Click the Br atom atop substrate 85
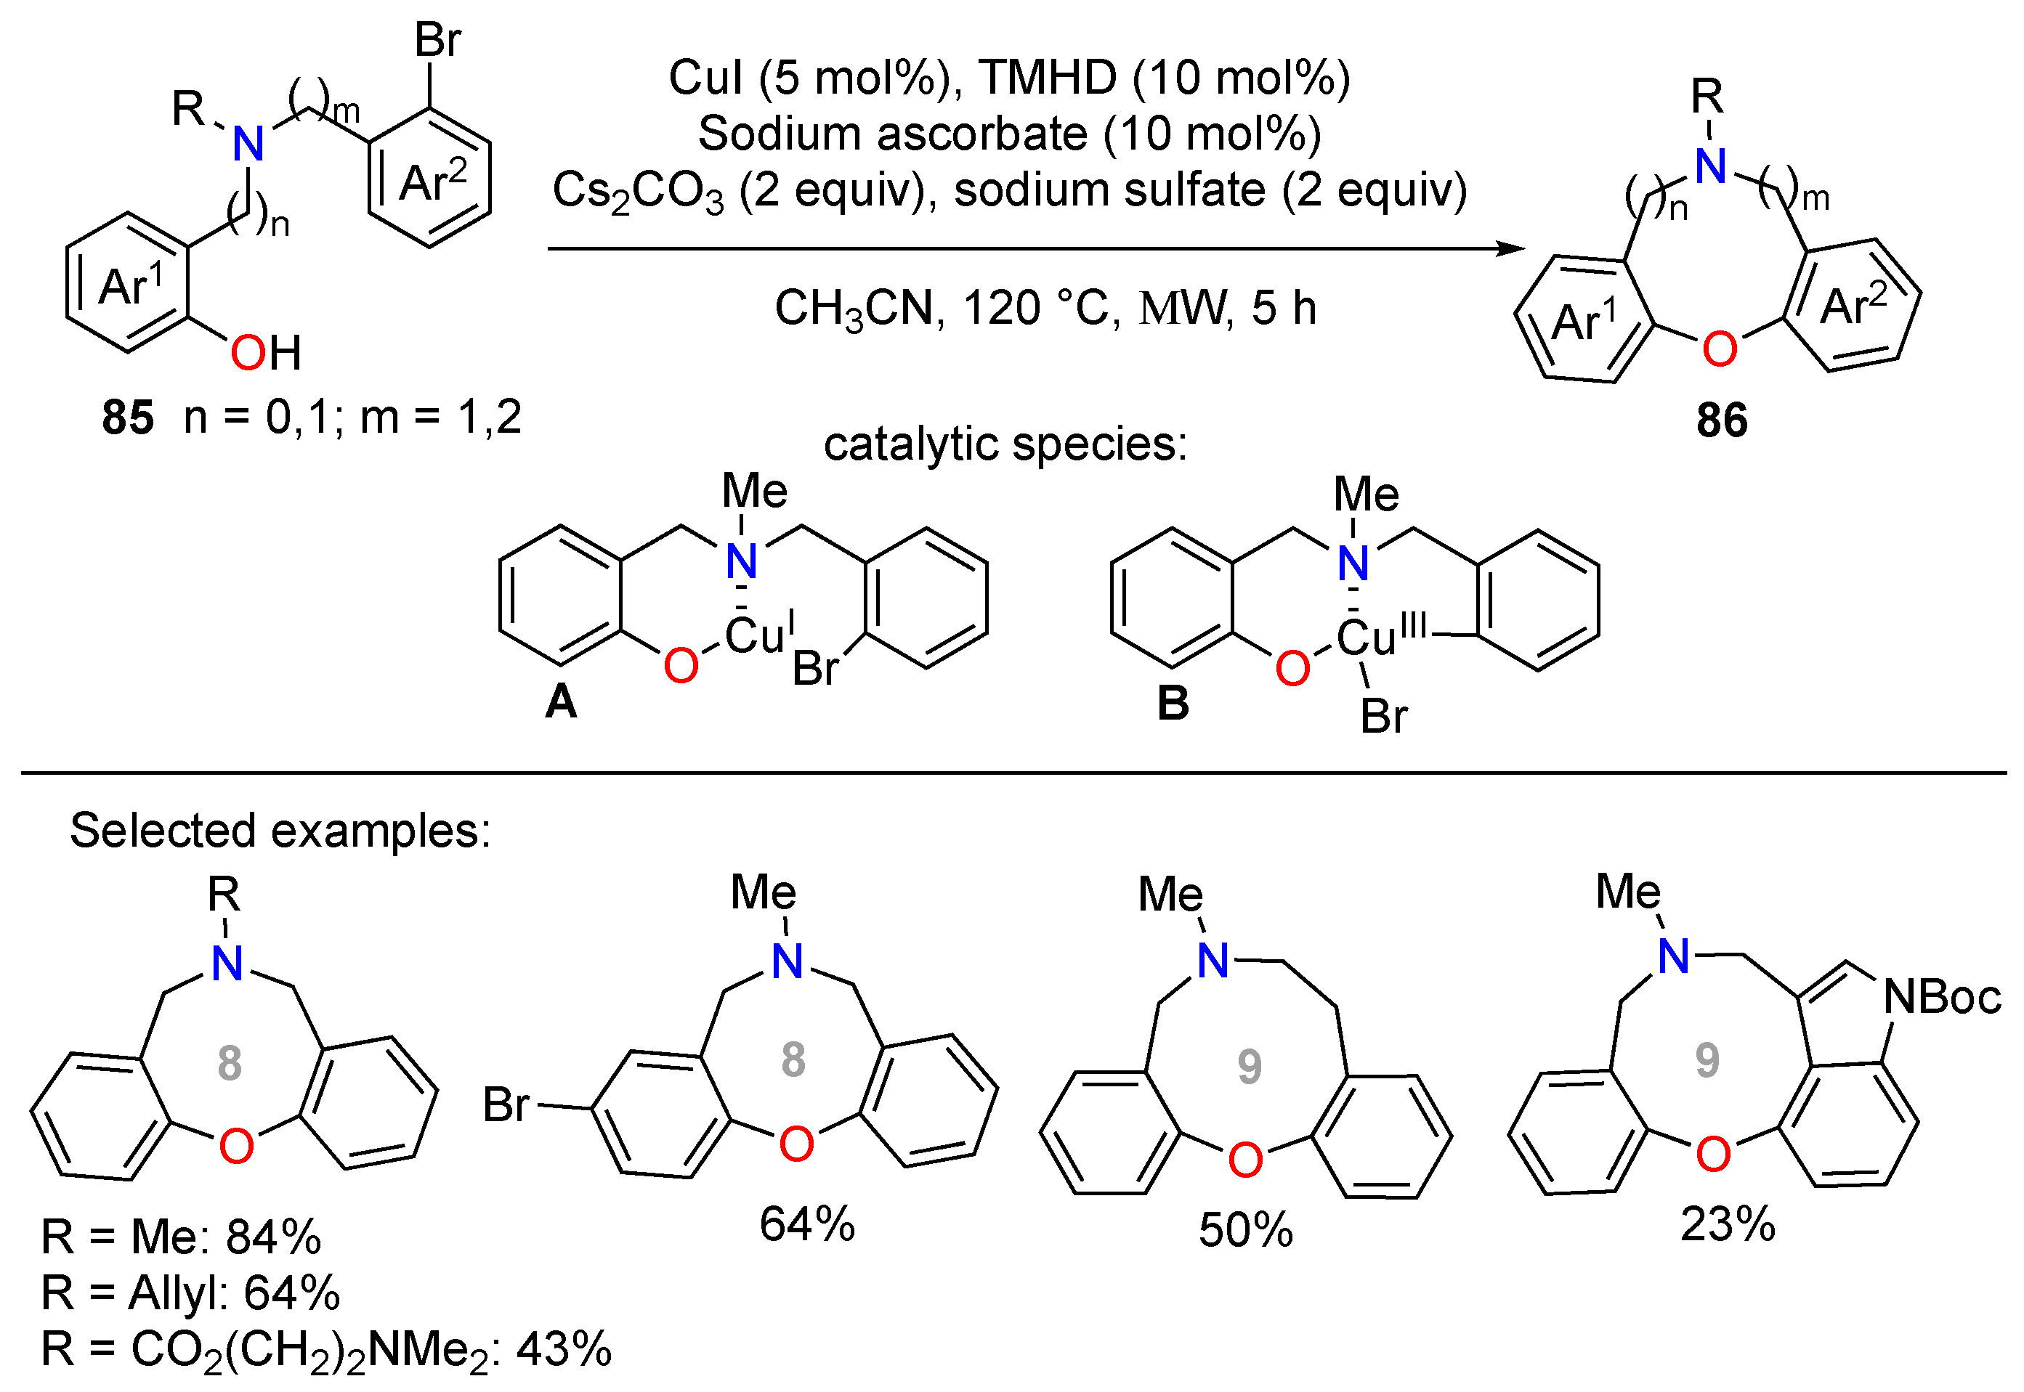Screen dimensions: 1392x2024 tap(437, 40)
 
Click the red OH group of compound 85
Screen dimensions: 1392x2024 tap(265, 353)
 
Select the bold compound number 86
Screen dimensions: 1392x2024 tap(1721, 420)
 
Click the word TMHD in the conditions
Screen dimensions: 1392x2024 tap(1046, 78)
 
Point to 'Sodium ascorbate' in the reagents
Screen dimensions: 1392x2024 tap(891, 134)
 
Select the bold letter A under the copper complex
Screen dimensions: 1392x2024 tap(561, 701)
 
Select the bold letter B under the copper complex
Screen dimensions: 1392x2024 tap(1173, 703)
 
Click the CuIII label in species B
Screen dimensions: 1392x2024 tap(1381, 634)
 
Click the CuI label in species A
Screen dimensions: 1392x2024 tap(759, 632)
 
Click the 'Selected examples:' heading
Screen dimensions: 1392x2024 tap(280, 830)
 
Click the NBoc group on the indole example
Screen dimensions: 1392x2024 tap(1942, 997)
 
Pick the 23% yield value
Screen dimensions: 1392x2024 tap(1728, 1224)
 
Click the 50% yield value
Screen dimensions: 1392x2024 tap(1245, 1231)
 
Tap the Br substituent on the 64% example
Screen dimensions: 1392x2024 tap(506, 1105)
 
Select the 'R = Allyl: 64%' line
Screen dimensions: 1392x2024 tap(190, 1293)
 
